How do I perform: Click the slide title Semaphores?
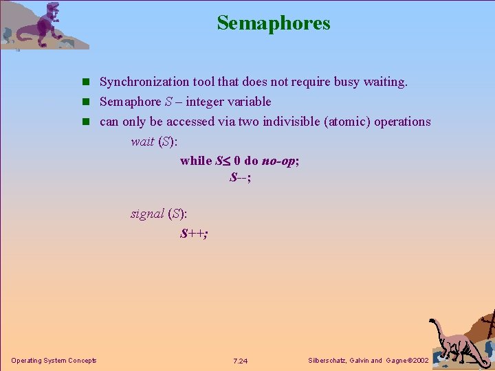pos(274,23)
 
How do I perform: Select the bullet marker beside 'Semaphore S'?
pos(87,102)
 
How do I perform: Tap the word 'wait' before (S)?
pos(142,142)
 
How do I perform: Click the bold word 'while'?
pos(196,161)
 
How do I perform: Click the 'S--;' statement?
pos(240,177)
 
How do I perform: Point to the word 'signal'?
pos(147,214)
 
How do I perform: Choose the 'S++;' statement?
pos(194,234)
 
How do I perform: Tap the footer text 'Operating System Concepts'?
pos(54,361)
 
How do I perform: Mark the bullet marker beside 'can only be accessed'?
pos(87,122)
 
